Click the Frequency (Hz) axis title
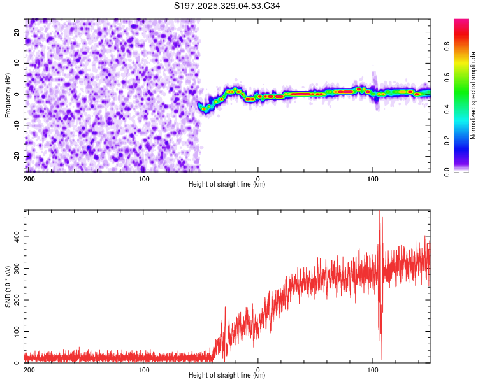(8, 95)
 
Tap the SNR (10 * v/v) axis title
(8, 286)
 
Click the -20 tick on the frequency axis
(17, 156)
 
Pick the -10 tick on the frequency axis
(17, 125)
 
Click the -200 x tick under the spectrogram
(27, 178)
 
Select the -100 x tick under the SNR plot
(143, 369)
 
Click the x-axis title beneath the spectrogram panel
(227, 185)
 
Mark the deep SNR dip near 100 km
(382, 358)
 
